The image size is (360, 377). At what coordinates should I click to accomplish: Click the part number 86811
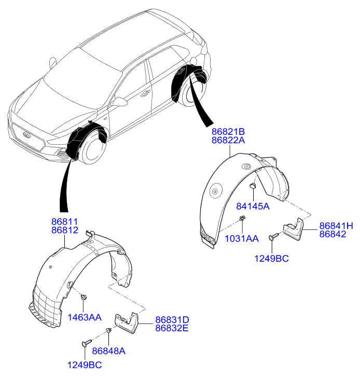coord(64,220)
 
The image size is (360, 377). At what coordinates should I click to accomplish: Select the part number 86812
coord(64,229)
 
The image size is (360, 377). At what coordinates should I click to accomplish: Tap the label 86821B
coord(228,132)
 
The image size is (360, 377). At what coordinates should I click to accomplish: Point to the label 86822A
coord(228,140)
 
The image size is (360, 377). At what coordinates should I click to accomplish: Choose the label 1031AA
coord(242,238)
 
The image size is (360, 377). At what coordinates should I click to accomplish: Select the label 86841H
coord(336,226)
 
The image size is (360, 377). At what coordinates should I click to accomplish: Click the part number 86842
coord(333,234)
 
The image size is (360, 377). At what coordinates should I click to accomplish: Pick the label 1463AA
coord(84,317)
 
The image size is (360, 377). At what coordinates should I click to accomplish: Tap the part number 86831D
coord(172,319)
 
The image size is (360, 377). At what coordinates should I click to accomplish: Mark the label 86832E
coord(172,328)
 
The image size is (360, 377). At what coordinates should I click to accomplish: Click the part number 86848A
coord(109,351)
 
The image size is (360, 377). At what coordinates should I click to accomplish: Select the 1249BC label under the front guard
coord(84,365)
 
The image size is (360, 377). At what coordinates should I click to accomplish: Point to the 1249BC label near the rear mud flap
coord(271,258)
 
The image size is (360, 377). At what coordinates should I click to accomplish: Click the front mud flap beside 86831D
coord(127,323)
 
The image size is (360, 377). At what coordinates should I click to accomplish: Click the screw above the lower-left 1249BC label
coord(86,343)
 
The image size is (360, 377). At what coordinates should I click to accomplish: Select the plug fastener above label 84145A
coord(253,186)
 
